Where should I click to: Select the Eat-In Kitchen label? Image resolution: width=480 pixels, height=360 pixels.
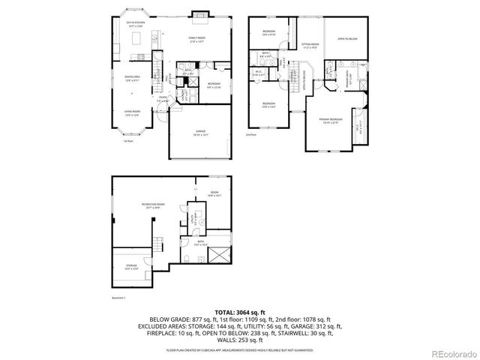click(136, 25)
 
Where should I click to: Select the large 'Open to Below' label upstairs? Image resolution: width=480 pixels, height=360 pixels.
click(346, 38)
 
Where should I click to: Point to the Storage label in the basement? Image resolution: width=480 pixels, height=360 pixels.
click(130, 268)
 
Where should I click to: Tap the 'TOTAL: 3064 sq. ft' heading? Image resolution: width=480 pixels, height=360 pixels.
click(239, 310)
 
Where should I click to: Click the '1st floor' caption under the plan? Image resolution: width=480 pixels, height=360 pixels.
click(128, 141)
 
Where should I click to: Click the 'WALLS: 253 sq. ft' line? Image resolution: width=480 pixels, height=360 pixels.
click(239, 341)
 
